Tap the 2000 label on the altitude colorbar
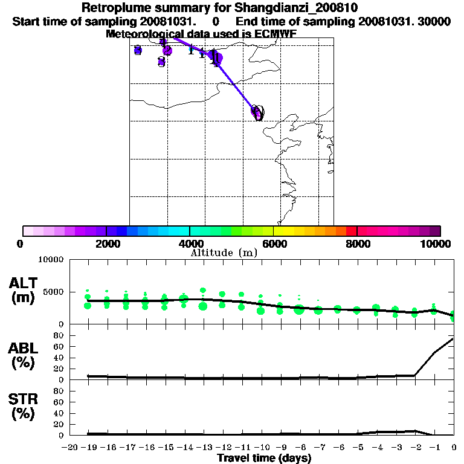coord(106,243)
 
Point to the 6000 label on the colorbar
coord(273,243)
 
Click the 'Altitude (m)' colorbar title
coord(224,253)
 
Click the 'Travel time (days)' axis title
coord(264,458)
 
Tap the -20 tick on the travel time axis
coord(70,447)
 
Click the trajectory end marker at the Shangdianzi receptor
coord(257,112)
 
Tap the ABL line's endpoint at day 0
coord(453,338)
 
